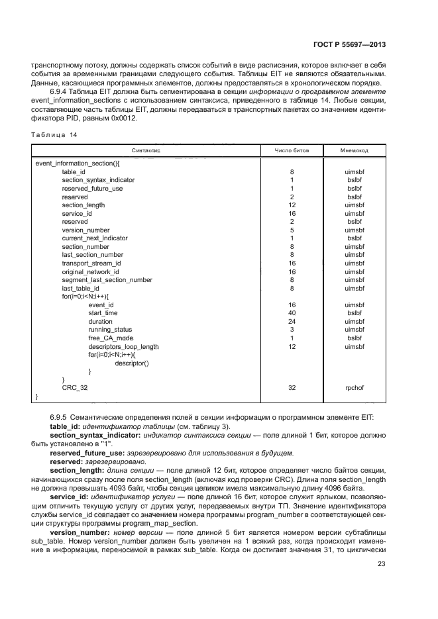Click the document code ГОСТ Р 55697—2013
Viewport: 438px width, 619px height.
pos(349,44)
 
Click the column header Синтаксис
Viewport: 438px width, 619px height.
pos(145,151)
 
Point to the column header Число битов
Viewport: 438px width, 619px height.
pos(292,151)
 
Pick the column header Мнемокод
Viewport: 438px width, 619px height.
pos(355,151)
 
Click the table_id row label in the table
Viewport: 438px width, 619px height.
pos(74,171)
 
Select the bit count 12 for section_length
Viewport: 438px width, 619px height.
pos(292,205)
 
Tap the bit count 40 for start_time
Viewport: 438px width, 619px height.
pos(292,313)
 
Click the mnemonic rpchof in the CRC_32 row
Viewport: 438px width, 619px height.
pos(355,388)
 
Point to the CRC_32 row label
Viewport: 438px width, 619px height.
pos(75,388)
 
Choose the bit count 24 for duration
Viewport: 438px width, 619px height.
pos(292,321)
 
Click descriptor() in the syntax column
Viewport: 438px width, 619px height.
pos(132,363)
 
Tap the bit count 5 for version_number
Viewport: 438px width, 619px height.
pos(292,230)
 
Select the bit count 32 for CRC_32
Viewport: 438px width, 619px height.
pos(292,388)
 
